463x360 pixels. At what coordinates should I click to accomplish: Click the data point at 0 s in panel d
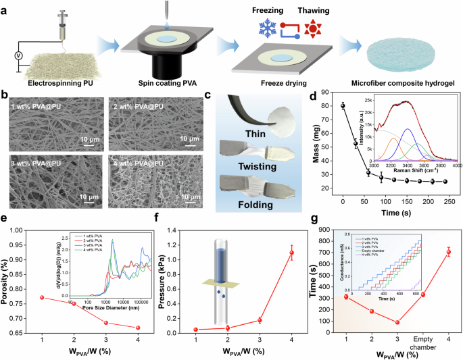[343, 105]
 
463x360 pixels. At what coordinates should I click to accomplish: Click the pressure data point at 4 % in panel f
[292, 253]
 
